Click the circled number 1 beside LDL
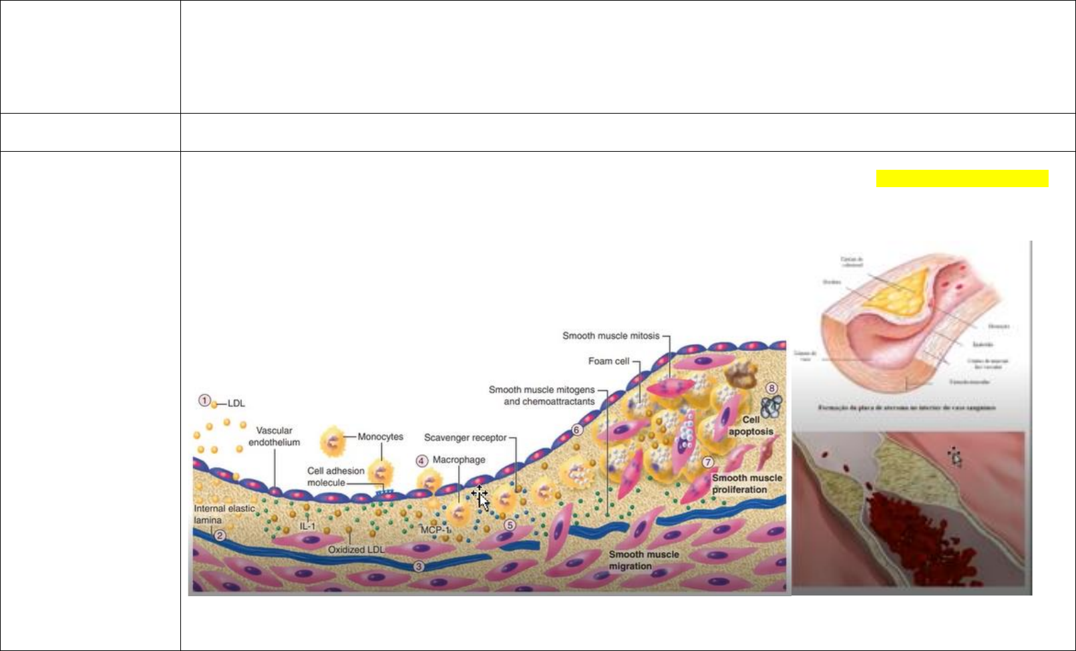(204, 400)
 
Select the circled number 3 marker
(419, 566)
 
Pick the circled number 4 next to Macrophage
(421, 461)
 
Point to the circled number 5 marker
(510, 525)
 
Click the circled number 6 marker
(576, 430)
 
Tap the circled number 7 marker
(708, 462)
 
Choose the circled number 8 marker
(771, 388)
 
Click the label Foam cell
(608, 361)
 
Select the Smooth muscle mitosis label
(610, 336)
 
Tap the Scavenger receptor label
(465, 438)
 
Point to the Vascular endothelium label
(274, 436)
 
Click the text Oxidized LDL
(356, 549)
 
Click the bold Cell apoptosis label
(751, 426)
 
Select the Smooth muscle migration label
(643, 560)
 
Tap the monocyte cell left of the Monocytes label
(333, 441)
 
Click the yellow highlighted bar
(962, 178)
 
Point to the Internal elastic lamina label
(224, 514)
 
